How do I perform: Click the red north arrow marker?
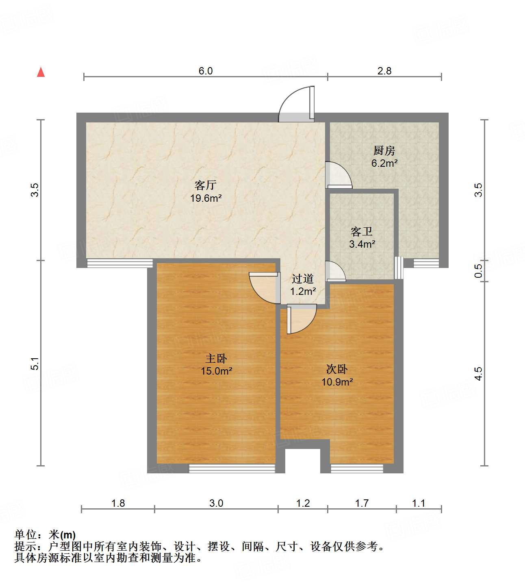point(41,72)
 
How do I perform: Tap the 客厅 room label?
point(206,185)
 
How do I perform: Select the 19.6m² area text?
point(206,198)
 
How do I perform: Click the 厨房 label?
point(384,151)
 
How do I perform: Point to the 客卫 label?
point(362,232)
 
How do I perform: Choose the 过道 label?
point(303,279)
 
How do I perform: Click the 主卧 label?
point(216,359)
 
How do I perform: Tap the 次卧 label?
point(337,369)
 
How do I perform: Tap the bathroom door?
point(335,272)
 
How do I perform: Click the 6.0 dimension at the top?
point(206,71)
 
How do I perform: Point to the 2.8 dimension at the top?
point(384,71)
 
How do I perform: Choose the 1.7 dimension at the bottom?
point(362,503)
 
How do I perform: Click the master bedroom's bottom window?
point(232,468)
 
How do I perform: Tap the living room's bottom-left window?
point(120,264)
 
